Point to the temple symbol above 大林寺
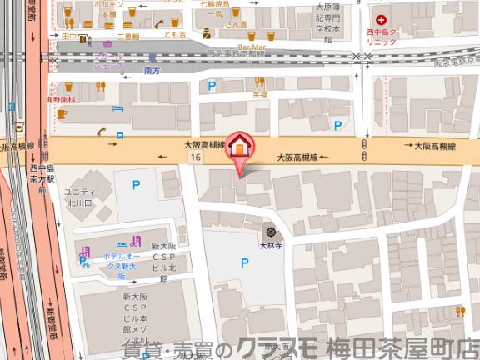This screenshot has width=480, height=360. tap(269, 231)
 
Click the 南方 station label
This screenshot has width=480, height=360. tap(152, 73)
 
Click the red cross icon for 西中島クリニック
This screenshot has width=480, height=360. tap(382, 19)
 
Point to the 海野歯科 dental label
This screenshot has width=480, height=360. tap(60, 98)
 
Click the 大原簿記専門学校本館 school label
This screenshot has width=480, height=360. tap(327, 22)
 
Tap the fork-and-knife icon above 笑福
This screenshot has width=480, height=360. tap(260, 82)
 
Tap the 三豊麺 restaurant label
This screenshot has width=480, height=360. tap(128, 37)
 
